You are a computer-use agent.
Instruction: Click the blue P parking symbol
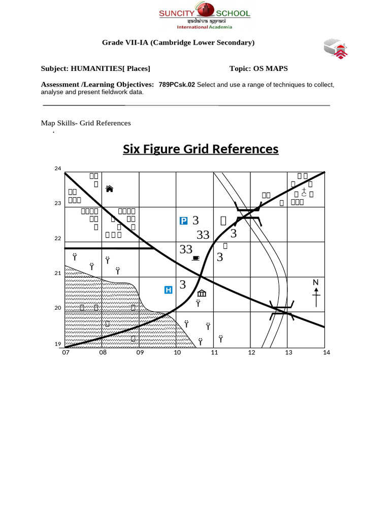coord(184,220)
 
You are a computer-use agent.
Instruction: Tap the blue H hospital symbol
coord(169,290)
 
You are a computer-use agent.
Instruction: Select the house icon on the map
coord(109,189)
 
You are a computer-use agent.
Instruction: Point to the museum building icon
coord(202,293)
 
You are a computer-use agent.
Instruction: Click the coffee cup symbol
coord(196,258)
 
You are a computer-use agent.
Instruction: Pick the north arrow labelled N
coord(316,293)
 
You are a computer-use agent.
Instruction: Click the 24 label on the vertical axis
coord(57,168)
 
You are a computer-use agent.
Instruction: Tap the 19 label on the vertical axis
coord(57,344)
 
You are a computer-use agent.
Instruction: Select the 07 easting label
coord(66,352)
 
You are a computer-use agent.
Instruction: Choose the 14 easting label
coord(326,352)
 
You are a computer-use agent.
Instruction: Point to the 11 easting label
coord(214,352)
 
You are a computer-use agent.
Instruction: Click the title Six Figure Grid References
coord(201,149)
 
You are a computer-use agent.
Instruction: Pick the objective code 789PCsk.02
coord(177,85)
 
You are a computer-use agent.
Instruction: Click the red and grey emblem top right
coord(336,49)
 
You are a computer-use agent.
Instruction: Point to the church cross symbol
coord(304,192)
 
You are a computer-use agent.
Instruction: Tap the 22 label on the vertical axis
coord(57,239)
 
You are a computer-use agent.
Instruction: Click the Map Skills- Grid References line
coord(86,123)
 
